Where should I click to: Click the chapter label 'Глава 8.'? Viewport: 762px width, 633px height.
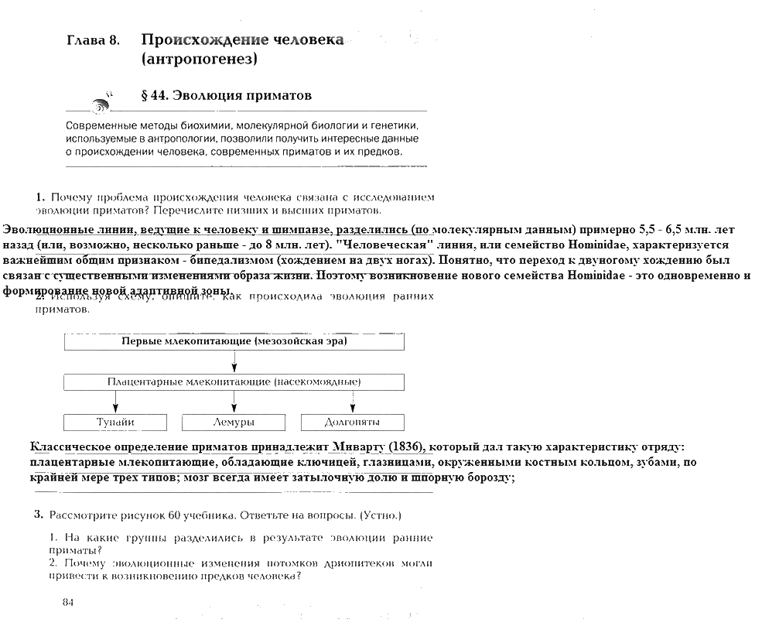93,41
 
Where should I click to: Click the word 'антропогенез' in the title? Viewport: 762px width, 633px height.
200,59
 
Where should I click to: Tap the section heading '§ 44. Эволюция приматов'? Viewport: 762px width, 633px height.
227,96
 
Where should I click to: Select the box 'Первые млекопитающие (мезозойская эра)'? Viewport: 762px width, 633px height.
234,341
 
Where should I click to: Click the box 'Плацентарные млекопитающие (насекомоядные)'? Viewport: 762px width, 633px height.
234,382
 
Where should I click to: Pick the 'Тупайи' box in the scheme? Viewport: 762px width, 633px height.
115,423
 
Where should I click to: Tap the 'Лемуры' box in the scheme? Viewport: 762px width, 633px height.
234,423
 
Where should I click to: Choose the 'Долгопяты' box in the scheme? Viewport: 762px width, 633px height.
353,423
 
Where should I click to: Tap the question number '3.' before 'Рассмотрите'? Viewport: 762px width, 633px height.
38,515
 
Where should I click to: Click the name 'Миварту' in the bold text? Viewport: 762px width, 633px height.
360,447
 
